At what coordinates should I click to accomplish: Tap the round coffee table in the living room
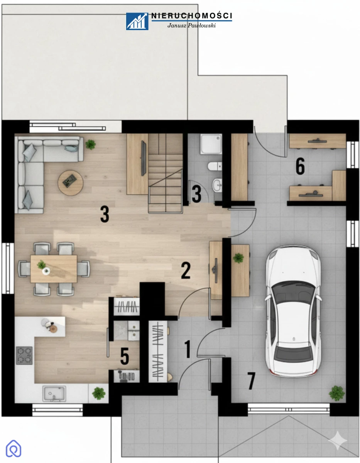click(x=70, y=183)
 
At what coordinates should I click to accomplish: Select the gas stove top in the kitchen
click(x=24, y=355)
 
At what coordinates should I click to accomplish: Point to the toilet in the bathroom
click(x=215, y=166)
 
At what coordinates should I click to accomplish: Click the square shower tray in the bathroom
click(x=211, y=144)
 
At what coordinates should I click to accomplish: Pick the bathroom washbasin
click(x=217, y=185)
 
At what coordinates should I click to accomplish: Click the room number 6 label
click(x=300, y=166)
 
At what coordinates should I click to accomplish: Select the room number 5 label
click(x=125, y=356)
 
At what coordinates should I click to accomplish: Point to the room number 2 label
click(x=186, y=270)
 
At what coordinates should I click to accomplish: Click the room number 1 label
click(x=188, y=349)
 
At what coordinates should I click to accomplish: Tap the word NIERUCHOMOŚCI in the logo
click(x=192, y=15)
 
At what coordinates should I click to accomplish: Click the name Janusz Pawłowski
click(x=191, y=25)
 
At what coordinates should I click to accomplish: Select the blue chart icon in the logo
click(x=137, y=21)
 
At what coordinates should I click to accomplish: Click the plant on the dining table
click(x=41, y=264)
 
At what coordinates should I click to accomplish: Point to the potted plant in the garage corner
click(x=337, y=393)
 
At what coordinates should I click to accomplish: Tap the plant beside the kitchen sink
click(x=99, y=393)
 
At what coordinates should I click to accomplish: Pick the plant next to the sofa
click(x=91, y=144)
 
